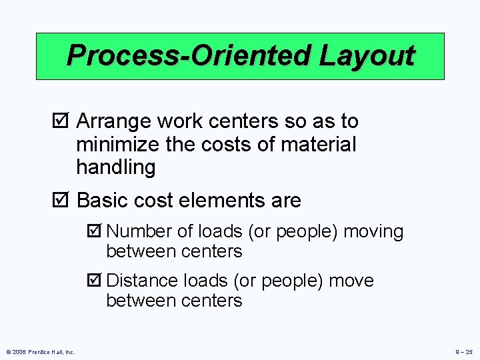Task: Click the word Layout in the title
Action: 367,55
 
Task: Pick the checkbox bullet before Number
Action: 94,232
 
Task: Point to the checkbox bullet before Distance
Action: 94,281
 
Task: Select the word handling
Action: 115,167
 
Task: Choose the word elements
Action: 223,200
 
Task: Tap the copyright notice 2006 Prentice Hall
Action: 40,351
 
